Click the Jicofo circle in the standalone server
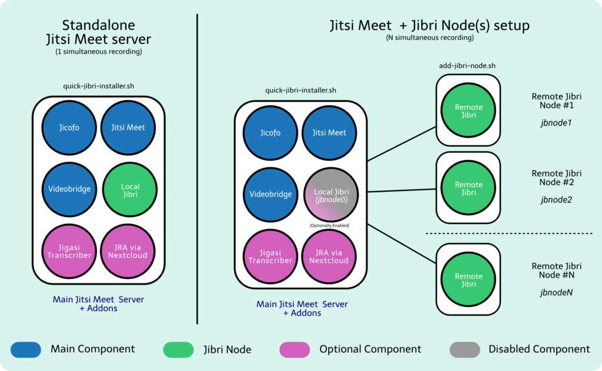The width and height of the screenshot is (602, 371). pos(69,128)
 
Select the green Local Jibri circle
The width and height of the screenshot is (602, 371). pos(130,190)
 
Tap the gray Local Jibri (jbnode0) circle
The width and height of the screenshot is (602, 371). pos(331,195)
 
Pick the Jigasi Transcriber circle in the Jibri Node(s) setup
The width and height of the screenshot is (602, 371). pos(270,256)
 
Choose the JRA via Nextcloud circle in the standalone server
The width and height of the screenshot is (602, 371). pos(128,252)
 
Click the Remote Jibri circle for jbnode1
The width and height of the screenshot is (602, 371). pos(468,110)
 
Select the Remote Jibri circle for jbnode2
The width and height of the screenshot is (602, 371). pos(468,188)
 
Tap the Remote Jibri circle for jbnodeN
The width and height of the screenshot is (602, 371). pos(468,280)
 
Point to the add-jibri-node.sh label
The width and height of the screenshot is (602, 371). pos(467,66)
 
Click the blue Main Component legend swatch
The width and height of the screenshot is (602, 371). pos(26,350)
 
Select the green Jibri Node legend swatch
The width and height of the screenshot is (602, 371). pos(179,350)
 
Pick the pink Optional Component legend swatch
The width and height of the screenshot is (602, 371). pos(295,350)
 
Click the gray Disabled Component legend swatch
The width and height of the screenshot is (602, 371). pos(464,350)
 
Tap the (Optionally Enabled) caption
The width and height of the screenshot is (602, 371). pos(329,225)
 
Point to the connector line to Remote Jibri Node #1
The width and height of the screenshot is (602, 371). pos(402,143)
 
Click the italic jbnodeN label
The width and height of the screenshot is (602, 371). pos(556,293)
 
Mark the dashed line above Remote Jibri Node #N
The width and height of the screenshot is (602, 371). pos(509,233)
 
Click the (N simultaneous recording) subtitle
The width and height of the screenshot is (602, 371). pos(430,38)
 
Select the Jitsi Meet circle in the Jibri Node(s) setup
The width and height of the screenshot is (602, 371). pos(329,133)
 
